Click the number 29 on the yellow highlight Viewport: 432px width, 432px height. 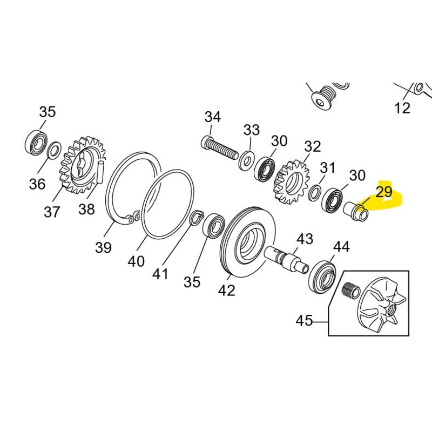click(x=384, y=193)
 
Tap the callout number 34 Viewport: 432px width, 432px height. click(x=212, y=117)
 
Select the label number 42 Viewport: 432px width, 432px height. click(x=227, y=290)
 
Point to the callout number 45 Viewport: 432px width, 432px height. click(x=305, y=321)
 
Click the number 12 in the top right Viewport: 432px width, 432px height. click(x=402, y=108)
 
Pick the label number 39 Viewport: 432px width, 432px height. click(x=103, y=247)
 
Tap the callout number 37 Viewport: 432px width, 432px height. click(x=52, y=212)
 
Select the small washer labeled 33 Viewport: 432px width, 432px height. click(x=248, y=158)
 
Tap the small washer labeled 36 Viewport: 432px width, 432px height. click(x=55, y=150)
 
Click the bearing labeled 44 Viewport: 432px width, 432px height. click(x=322, y=276)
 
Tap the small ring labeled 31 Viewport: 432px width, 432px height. click(x=314, y=193)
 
